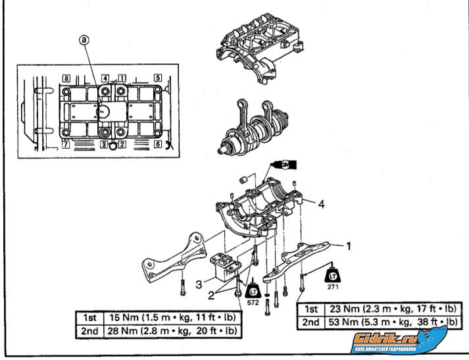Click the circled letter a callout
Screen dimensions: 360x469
point(84,40)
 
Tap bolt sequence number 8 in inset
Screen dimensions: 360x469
point(66,78)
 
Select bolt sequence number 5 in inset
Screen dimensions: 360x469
point(158,78)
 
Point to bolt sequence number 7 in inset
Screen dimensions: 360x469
point(66,142)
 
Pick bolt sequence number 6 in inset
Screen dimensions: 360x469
point(158,143)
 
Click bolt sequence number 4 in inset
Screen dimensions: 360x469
point(105,78)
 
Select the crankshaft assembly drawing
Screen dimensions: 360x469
point(253,124)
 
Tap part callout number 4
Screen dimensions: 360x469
point(322,205)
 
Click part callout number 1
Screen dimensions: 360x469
point(349,246)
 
